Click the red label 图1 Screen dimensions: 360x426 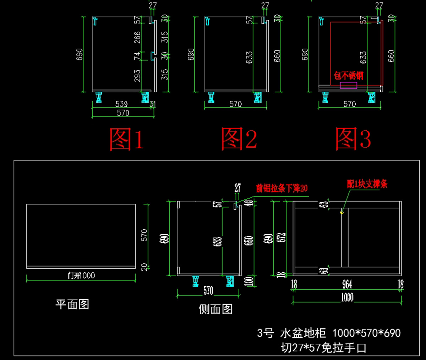click(x=126, y=139)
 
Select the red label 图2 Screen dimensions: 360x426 click(x=239, y=138)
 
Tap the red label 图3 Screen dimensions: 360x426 click(x=353, y=138)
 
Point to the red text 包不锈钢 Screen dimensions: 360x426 click(x=348, y=76)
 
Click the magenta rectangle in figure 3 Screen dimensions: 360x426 click(x=348, y=85)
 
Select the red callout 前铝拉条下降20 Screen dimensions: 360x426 click(x=282, y=188)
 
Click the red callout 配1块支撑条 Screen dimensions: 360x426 click(x=367, y=184)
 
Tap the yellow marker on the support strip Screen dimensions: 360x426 click(x=342, y=213)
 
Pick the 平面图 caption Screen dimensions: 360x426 click(x=72, y=304)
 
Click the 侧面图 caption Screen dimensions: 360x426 click(x=215, y=309)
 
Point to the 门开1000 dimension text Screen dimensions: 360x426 click(x=81, y=276)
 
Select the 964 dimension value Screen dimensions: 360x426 click(x=347, y=284)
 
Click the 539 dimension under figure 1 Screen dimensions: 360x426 click(x=121, y=104)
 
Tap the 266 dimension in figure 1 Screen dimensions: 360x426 click(x=137, y=37)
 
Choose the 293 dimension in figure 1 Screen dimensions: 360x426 click(x=137, y=75)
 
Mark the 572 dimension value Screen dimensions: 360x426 click(x=281, y=238)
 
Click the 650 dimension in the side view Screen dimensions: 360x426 click(x=249, y=240)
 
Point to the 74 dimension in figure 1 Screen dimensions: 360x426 click(x=137, y=56)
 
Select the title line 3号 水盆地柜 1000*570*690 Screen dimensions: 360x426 click(x=329, y=333)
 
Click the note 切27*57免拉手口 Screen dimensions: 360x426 click(x=323, y=348)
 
